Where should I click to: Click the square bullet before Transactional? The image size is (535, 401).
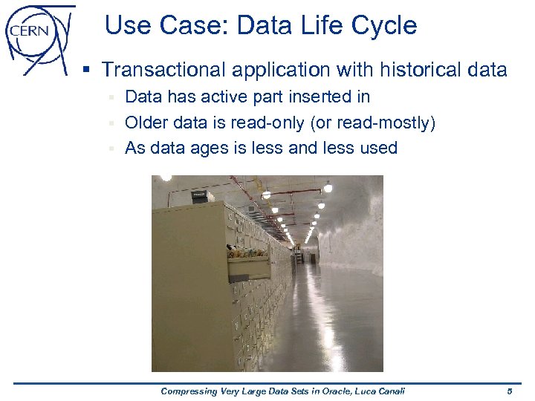(87, 71)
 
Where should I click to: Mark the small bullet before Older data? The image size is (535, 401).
(112, 123)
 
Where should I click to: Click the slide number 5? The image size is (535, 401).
(510, 391)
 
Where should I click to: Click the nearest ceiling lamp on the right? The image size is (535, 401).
(328, 187)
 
